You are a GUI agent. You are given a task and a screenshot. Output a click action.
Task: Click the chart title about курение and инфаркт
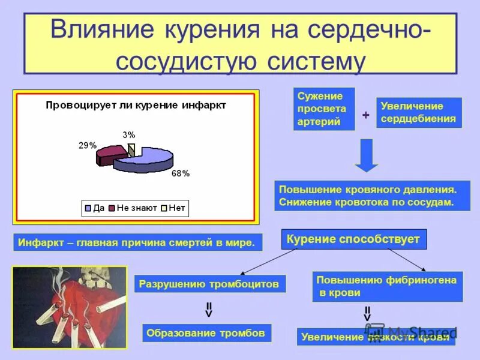(x=136, y=106)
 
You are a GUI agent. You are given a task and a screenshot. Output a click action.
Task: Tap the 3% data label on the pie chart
(x=129, y=134)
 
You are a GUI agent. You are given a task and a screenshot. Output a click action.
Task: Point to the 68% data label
(x=180, y=173)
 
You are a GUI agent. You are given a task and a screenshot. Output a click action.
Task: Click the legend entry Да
(x=94, y=208)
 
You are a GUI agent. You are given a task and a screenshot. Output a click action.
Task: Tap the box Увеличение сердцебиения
(x=418, y=112)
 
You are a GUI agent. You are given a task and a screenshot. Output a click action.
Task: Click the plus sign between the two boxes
(x=365, y=115)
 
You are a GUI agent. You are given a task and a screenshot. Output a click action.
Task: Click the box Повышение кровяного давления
(x=372, y=196)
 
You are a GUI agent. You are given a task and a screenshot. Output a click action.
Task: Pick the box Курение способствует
(x=353, y=239)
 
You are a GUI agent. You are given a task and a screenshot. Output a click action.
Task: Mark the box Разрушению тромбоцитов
(x=209, y=284)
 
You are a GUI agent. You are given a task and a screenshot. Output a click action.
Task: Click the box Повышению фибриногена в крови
(x=388, y=286)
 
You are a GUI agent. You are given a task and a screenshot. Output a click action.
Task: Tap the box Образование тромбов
(x=206, y=333)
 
